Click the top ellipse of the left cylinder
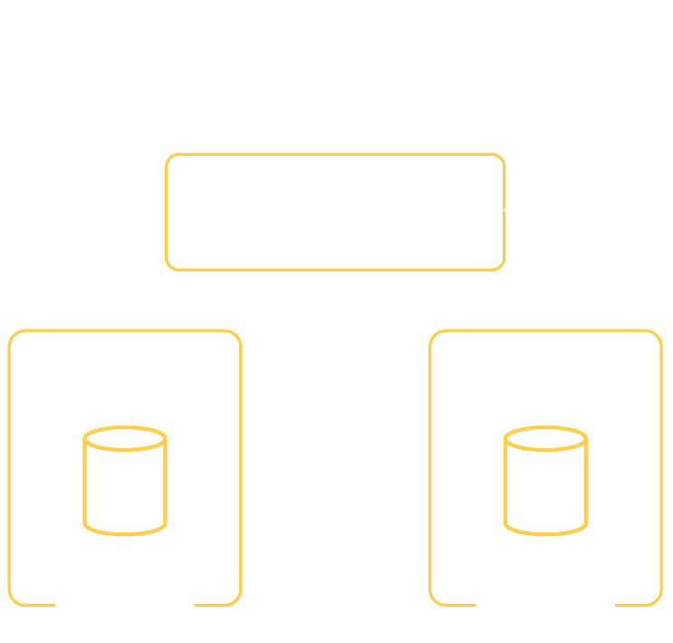tap(125, 441)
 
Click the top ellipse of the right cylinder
tap(544, 441)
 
